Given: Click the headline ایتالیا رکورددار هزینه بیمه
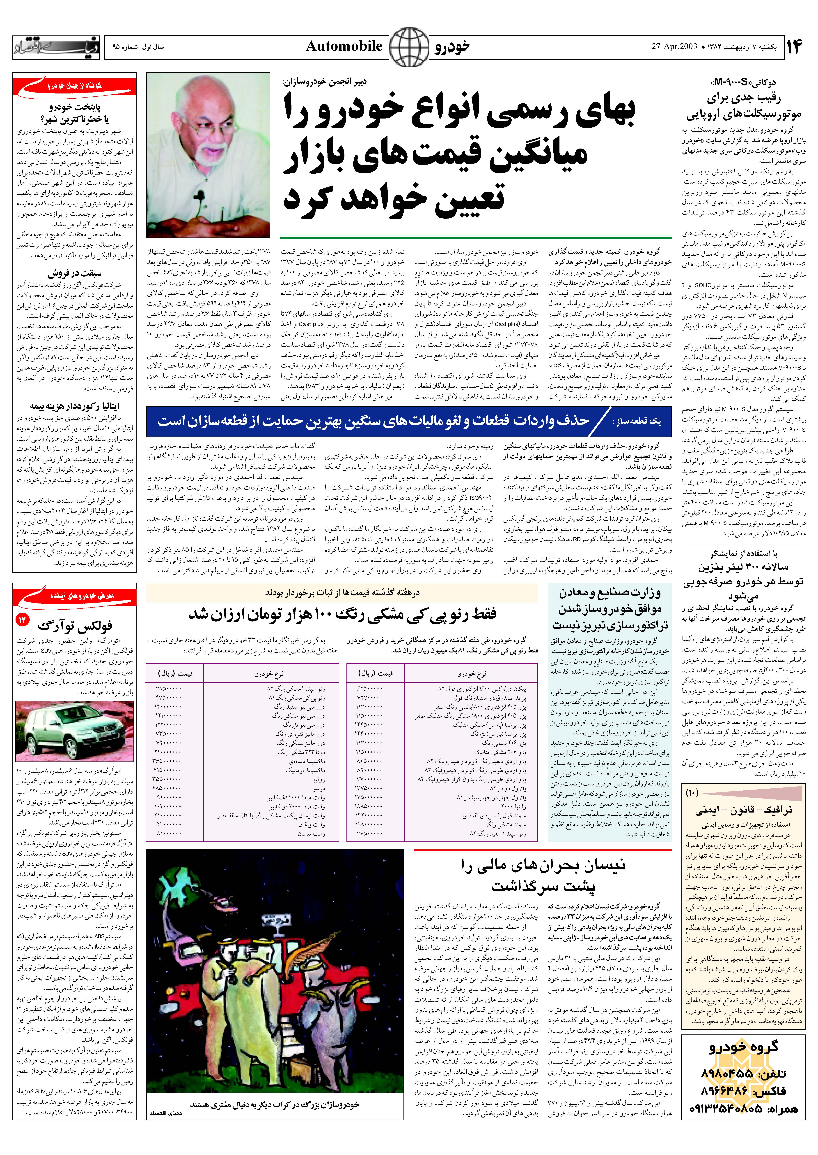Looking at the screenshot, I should (75, 406).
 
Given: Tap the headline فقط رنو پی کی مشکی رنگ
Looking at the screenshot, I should (343, 614).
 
